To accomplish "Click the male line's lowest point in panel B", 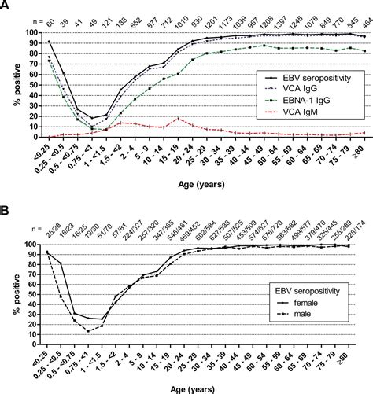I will [x=89, y=331].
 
